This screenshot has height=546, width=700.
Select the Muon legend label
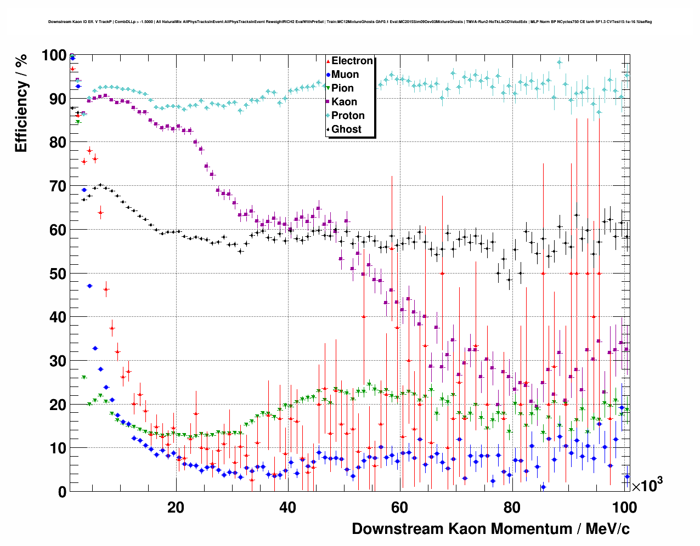345,75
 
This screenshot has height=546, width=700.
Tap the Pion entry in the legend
342,88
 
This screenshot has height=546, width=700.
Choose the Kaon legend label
344,102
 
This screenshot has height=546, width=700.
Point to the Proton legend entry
348,116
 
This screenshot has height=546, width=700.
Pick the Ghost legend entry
346,129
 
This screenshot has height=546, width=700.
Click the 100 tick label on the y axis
54,55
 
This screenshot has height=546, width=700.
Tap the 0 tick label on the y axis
63,492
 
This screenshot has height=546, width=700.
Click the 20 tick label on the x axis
176,508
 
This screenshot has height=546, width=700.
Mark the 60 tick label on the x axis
399,508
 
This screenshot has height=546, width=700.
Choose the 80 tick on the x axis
511,508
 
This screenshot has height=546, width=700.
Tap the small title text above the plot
350,22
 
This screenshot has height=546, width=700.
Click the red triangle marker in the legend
328,61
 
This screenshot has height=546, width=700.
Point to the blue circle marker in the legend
328,75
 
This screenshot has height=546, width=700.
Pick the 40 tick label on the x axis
287,508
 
